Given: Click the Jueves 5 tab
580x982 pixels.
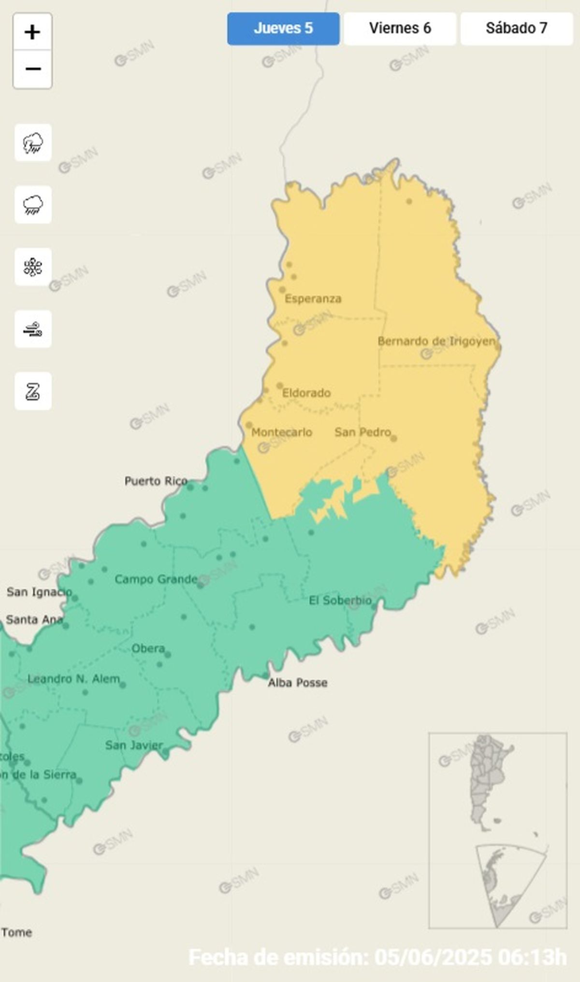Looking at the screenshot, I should pyautogui.click(x=283, y=28).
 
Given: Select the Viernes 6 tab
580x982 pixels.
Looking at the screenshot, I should pyautogui.click(x=400, y=28).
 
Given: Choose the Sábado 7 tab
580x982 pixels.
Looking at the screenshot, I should pyautogui.click(x=516, y=28).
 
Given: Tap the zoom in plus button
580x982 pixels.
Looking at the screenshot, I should pyautogui.click(x=32, y=32).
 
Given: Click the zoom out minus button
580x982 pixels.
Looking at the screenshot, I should pyautogui.click(x=32, y=69).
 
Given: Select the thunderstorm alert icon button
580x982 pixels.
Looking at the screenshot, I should pyautogui.click(x=33, y=143).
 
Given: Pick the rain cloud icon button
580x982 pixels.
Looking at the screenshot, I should pyautogui.click(x=33, y=205).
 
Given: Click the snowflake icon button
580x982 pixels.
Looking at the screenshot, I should pyautogui.click(x=33, y=267).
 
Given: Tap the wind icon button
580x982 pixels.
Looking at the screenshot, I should pyautogui.click(x=33, y=329).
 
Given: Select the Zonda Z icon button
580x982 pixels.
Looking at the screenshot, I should pyautogui.click(x=33, y=391).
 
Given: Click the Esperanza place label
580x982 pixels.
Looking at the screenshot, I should pyautogui.click(x=313, y=299).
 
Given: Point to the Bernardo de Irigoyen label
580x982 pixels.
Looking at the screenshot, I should pyautogui.click(x=436, y=341).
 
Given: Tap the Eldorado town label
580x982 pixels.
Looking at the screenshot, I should pyautogui.click(x=306, y=393).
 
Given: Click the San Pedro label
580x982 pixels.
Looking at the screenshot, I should pyautogui.click(x=362, y=432).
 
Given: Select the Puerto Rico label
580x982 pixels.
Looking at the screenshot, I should pyautogui.click(x=156, y=481).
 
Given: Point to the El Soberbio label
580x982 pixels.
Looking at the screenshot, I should pyautogui.click(x=340, y=601).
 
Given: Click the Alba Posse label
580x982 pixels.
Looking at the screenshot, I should pyautogui.click(x=298, y=683).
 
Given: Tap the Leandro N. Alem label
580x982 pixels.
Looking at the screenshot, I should pyautogui.click(x=73, y=679).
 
